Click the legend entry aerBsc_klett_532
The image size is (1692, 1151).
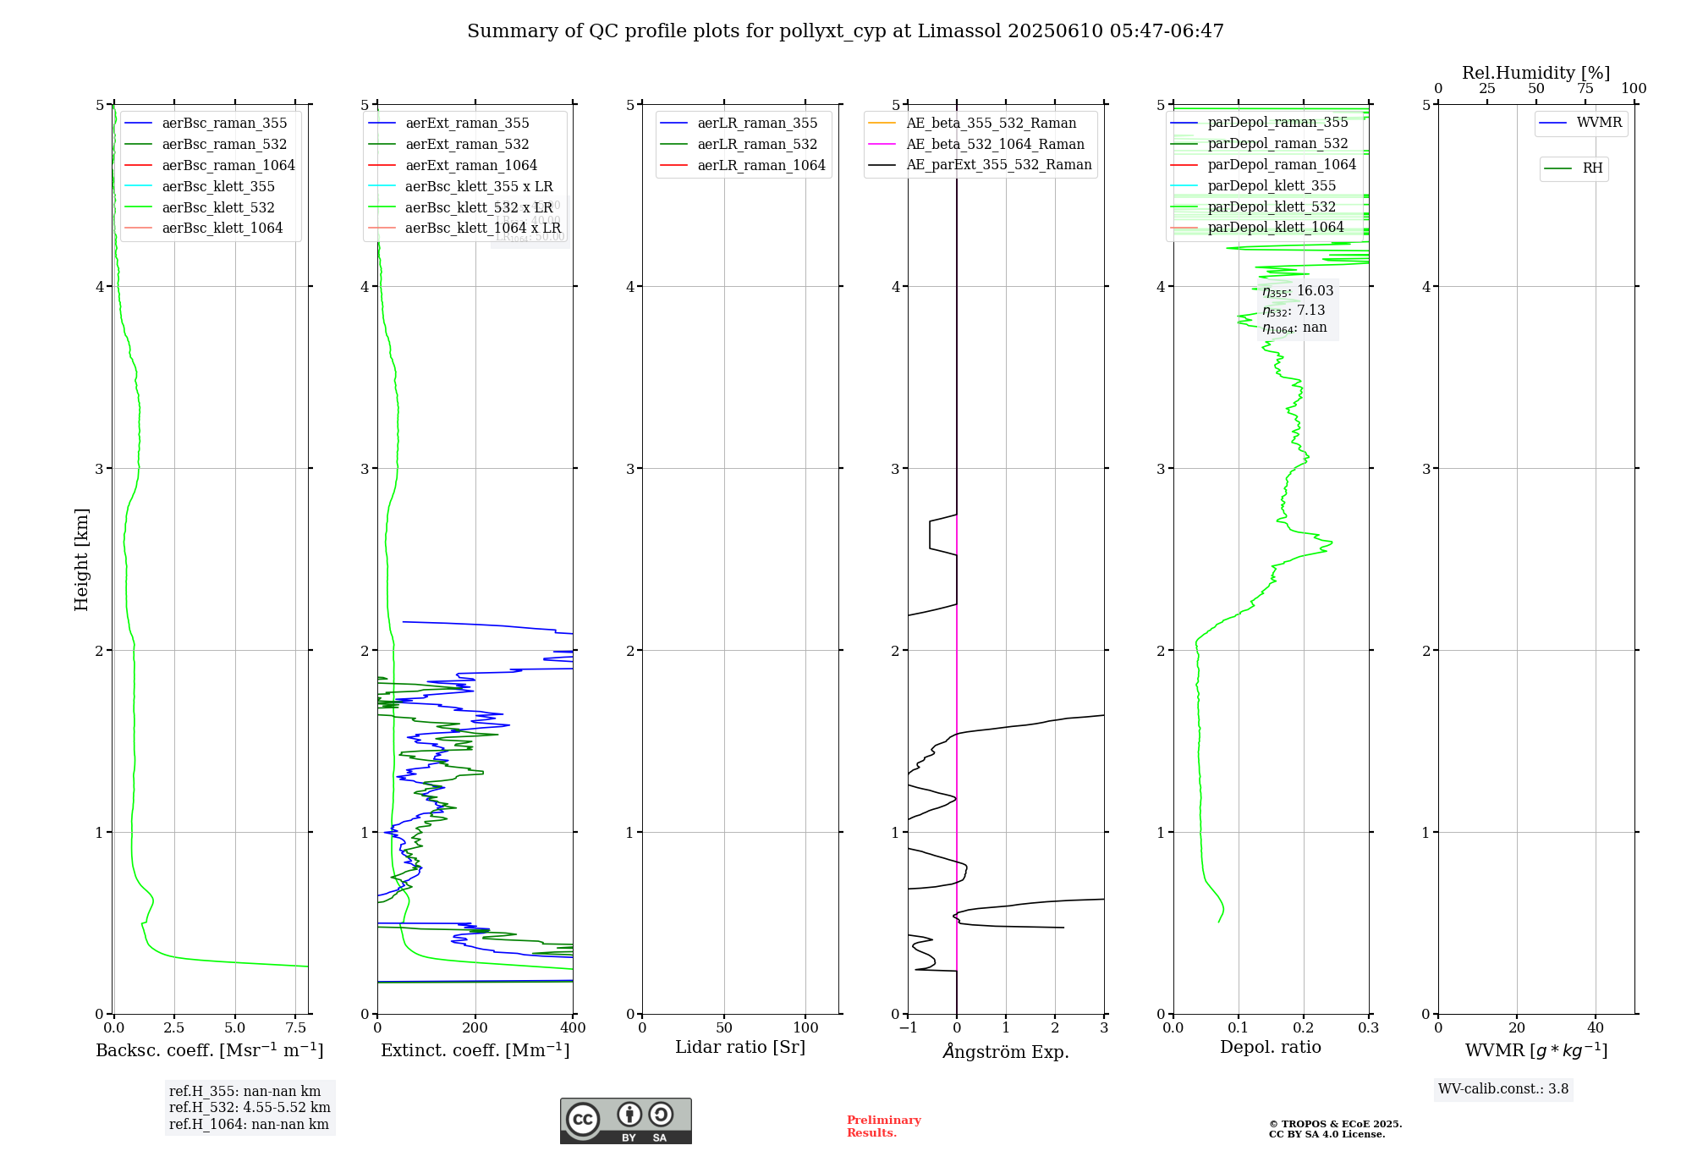point(217,207)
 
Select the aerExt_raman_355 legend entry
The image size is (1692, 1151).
point(467,124)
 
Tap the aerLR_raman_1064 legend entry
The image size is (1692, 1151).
point(761,165)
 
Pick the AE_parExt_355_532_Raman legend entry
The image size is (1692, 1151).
point(998,164)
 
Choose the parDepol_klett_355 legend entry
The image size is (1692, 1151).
point(1272,185)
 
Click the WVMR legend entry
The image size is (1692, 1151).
point(1599,123)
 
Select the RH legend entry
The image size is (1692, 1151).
point(1592,168)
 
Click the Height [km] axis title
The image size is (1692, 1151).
point(81,559)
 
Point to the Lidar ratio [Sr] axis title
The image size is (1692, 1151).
point(740,1047)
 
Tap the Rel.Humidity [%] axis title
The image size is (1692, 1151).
point(1535,73)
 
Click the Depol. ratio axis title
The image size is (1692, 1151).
point(1270,1047)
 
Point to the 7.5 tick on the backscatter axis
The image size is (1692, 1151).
point(296,1028)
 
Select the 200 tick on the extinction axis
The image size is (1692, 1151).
point(475,1028)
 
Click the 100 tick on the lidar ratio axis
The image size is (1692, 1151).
point(805,1028)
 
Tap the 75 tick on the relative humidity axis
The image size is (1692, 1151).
point(1585,89)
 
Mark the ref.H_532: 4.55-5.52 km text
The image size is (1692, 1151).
point(250,1108)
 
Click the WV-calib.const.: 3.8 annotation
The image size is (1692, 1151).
point(1503,1089)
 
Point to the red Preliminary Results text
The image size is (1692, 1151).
point(883,1126)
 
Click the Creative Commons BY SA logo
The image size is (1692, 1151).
point(625,1121)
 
